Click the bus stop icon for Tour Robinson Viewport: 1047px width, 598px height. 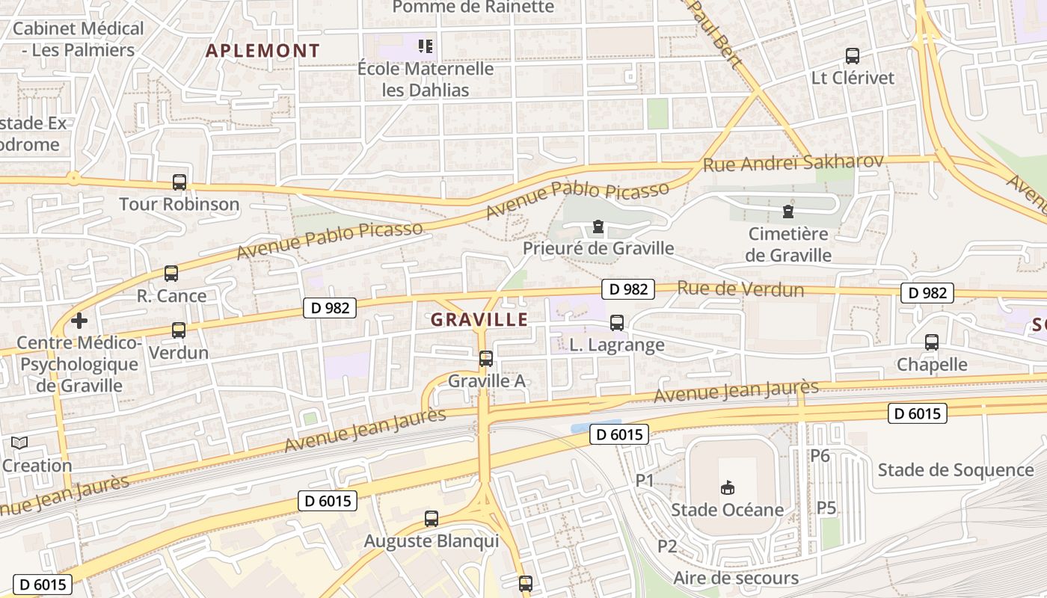point(179,182)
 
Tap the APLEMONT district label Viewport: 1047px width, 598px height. point(262,51)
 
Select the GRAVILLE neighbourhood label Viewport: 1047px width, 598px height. point(479,320)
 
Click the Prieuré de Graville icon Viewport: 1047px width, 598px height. point(598,226)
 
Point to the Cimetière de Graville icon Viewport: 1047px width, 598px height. point(787,212)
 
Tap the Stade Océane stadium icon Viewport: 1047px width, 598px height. point(726,488)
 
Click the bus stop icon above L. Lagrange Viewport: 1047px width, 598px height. point(617,322)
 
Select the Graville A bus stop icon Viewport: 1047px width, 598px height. point(486,359)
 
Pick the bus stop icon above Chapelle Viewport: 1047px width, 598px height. point(932,342)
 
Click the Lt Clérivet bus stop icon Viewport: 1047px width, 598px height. point(853,55)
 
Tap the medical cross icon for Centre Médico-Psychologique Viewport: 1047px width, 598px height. point(79,321)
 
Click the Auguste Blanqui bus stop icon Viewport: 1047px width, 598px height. point(432,518)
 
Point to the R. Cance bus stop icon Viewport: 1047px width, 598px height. point(171,274)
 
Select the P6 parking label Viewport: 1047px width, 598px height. point(820,455)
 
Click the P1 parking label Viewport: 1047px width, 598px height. point(645,480)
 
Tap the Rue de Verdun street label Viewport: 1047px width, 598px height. point(740,289)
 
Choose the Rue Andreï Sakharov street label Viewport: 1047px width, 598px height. point(793,162)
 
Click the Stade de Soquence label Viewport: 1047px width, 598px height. point(955,470)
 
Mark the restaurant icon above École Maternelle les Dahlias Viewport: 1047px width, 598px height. point(426,46)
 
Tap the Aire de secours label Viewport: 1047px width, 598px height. point(736,578)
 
